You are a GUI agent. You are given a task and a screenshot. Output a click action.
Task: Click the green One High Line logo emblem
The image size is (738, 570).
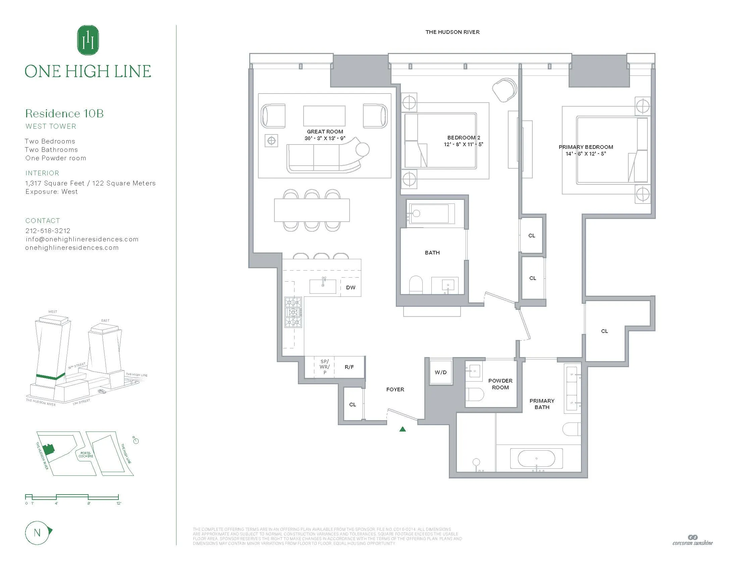pos(88,40)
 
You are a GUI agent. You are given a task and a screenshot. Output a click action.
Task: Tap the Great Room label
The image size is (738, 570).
pos(325,132)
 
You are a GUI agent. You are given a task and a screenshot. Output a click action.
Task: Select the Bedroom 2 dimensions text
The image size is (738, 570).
pos(463,144)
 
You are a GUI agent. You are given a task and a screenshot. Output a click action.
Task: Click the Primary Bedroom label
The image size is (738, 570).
pos(586,147)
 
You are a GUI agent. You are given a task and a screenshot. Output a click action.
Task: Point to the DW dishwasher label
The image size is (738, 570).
pos(351,287)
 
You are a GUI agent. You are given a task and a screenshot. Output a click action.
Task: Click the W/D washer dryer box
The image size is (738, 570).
pos(441,372)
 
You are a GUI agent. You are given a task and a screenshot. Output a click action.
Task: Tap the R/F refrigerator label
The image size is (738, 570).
pos(349,367)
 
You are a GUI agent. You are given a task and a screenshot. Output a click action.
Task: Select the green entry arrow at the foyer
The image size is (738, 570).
pos(403,429)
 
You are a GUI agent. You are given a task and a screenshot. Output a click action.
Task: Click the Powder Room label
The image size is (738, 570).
pos(500,384)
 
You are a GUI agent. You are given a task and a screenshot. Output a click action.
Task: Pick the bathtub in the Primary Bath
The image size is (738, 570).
pos(536,459)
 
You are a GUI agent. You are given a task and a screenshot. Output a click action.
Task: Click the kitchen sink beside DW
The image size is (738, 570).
pos(323,286)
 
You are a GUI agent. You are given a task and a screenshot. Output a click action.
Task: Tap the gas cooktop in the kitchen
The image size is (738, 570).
pos(293,312)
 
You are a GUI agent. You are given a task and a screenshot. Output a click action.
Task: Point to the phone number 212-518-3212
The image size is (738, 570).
pos(48,231)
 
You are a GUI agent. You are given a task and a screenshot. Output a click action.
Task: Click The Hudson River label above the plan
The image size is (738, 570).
pos(452,32)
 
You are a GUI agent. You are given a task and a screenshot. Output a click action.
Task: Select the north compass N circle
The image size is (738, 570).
pos(37,533)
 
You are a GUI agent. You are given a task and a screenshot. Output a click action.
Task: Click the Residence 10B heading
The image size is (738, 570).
pos(64,113)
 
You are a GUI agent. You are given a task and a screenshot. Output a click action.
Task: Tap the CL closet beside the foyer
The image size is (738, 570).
pos(353,404)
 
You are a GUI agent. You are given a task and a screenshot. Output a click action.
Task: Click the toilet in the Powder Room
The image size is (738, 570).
pos(474,394)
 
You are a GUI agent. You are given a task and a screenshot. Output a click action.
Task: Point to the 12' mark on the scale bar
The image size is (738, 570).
pos(119,503)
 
